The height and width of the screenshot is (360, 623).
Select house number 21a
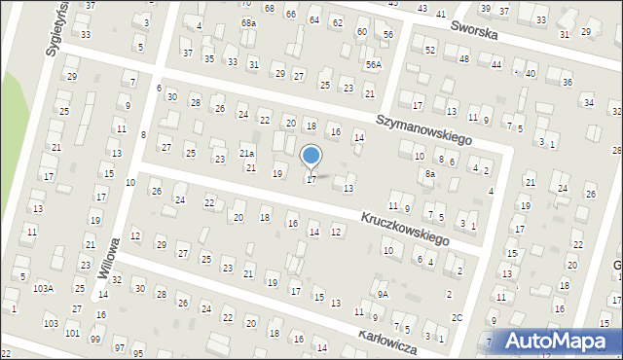click(247, 154)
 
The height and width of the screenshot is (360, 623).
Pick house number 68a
click(249, 22)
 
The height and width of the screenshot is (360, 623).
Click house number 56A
click(374, 64)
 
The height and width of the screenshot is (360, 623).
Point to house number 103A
click(42, 289)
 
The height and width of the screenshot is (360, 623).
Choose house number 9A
click(384, 294)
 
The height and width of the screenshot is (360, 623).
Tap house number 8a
click(429, 174)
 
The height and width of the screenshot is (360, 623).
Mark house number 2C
click(457, 318)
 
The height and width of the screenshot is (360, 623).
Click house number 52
click(430, 50)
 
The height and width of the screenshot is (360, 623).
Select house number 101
click(72, 334)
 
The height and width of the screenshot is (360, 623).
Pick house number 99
click(94, 340)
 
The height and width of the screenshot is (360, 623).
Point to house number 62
click(337, 22)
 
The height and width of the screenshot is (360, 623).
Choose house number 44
click(496, 64)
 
